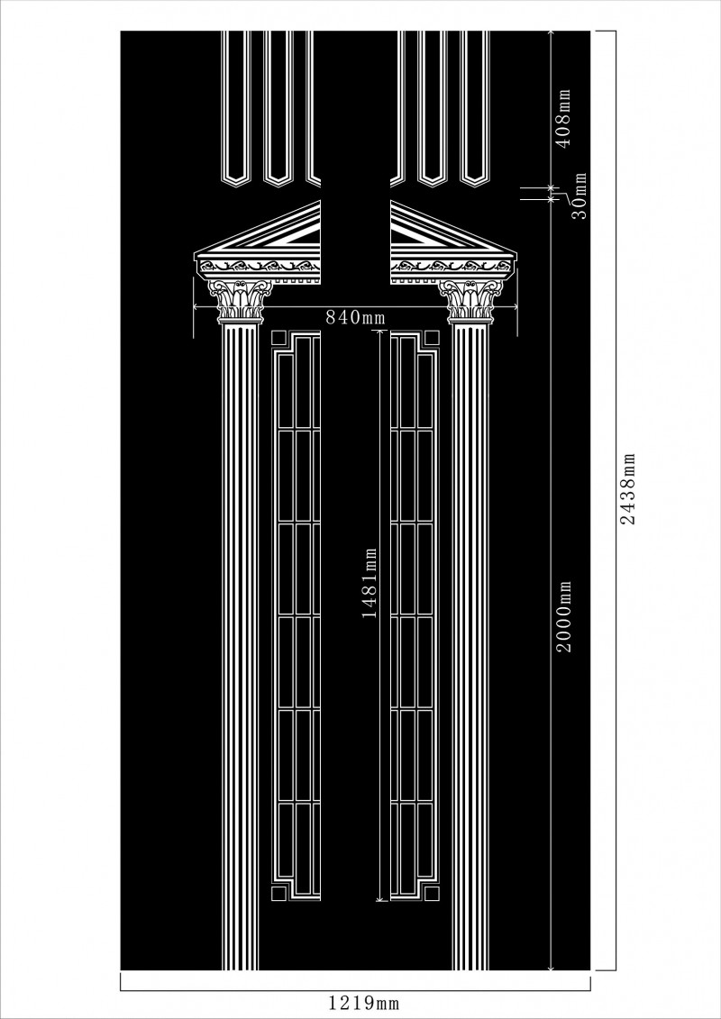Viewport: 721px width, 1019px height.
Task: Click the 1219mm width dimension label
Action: click(363, 1003)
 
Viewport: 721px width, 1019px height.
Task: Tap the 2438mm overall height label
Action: click(627, 488)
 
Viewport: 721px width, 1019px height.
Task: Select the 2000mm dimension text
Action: click(563, 616)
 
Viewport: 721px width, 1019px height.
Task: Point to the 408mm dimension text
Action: click(563, 118)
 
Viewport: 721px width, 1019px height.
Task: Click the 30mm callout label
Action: click(579, 196)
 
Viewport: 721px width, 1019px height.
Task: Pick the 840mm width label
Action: click(356, 317)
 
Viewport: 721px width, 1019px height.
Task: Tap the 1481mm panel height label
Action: click(370, 583)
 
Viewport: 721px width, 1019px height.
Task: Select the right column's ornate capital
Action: click(470, 301)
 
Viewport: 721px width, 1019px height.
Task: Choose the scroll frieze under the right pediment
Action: click(452, 266)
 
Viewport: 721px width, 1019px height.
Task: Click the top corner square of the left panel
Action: click(278, 338)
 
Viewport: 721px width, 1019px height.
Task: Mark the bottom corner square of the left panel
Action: click(278, 894)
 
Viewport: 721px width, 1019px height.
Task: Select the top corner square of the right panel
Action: click(433, 338)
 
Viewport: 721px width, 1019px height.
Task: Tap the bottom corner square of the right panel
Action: click(433, 894)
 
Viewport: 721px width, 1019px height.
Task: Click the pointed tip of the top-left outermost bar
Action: click(236, 187)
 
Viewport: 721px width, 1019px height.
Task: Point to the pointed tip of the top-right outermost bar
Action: click(475, 187)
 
